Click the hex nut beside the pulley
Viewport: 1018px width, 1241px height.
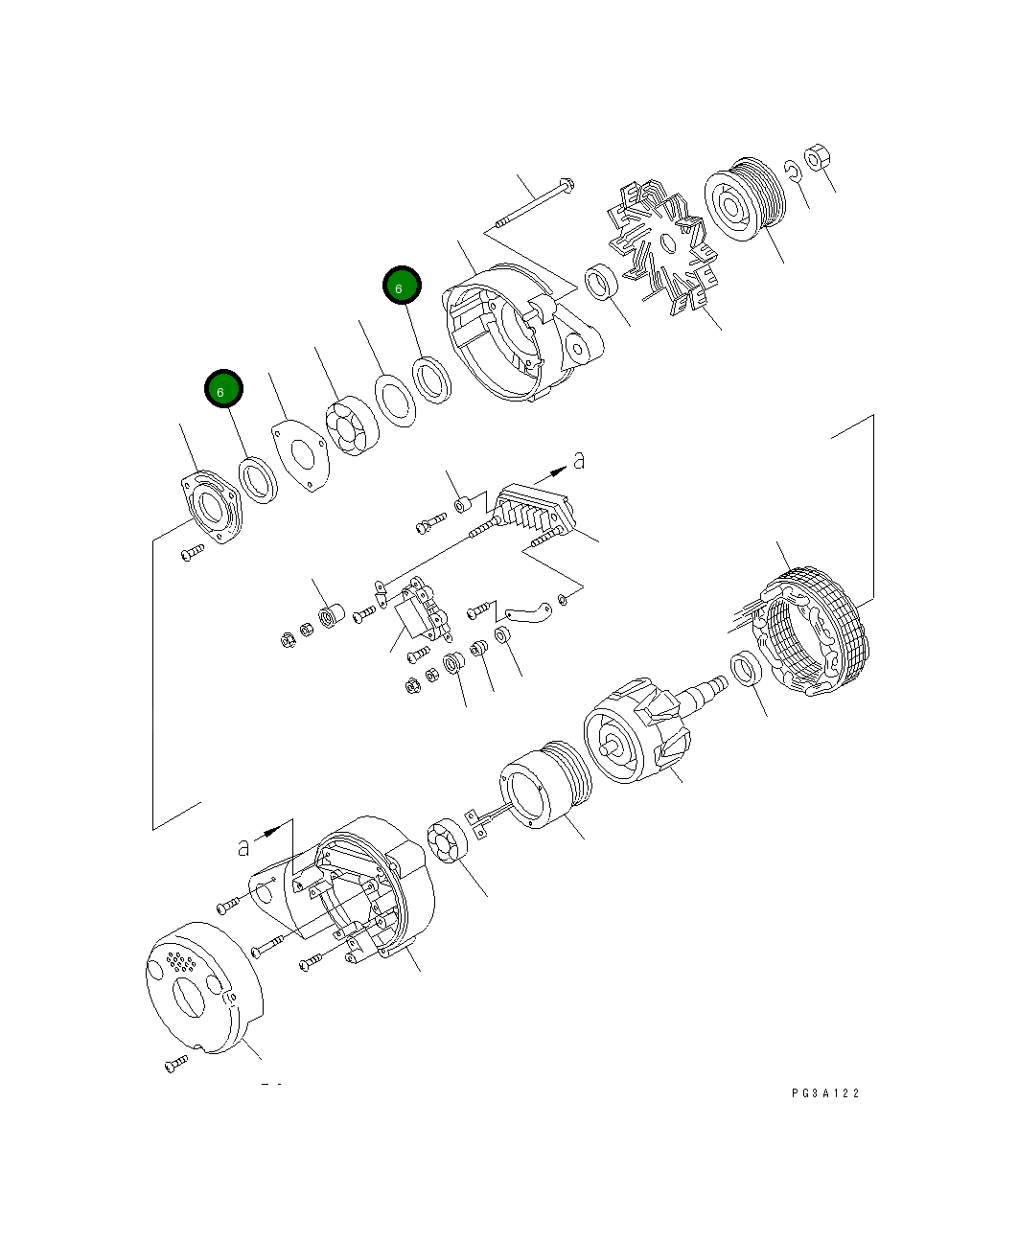pos(818,157)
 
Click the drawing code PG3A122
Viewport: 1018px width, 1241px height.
pos(825,1092)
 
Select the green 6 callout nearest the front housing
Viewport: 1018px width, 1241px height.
pos(402,286)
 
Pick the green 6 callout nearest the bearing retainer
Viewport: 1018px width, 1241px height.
pos(223,390)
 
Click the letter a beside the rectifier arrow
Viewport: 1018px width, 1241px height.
pos(579,461)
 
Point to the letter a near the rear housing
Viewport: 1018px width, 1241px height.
pos(244,846)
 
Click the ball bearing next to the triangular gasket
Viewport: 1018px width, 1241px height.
pos(351,426)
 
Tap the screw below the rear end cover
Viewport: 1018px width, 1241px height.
pos(176,1063)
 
